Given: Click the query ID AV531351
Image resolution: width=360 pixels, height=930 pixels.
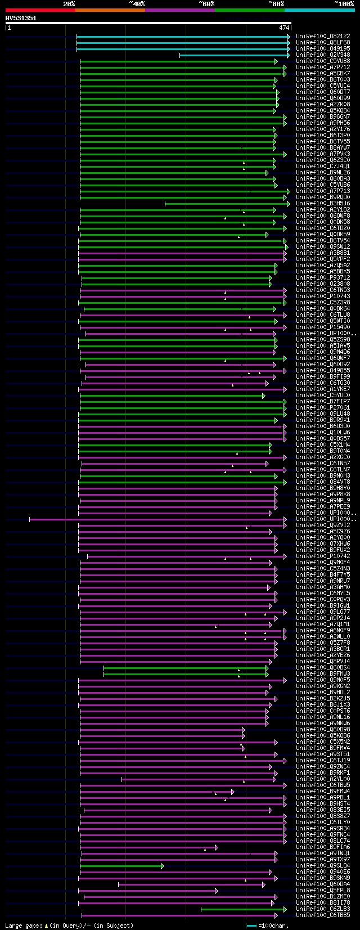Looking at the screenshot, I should pos(21,18).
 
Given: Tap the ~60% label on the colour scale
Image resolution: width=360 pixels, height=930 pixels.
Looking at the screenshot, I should pos(206,4).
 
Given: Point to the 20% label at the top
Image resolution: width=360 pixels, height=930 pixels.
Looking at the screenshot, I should pos(69,4).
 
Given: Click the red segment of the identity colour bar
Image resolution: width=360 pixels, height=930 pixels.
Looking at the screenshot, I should pos(40,10).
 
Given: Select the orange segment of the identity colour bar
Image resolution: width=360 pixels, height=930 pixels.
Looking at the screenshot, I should pos(110,10).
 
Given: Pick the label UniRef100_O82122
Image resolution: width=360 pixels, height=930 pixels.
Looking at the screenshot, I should pos(323,37).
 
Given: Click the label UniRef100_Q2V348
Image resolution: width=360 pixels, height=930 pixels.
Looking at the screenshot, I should pos(323,55).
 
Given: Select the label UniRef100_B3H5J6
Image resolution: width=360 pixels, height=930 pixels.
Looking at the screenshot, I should pos(323,204).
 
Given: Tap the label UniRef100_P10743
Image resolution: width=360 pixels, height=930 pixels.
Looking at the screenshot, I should pos(323,296).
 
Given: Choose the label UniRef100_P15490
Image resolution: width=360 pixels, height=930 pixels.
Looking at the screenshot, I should pos(323,327).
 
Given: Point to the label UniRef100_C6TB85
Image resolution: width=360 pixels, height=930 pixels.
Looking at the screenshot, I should pos(323,915).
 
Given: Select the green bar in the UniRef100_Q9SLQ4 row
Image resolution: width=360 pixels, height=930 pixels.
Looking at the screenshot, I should pos(121,866).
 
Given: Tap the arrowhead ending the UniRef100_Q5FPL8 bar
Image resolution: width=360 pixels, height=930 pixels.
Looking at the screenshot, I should pos(216,891).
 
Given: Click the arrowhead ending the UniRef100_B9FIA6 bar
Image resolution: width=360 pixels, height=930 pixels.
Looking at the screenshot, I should pos(216,847).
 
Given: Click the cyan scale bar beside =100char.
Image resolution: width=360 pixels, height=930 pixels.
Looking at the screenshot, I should pos(251,925).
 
